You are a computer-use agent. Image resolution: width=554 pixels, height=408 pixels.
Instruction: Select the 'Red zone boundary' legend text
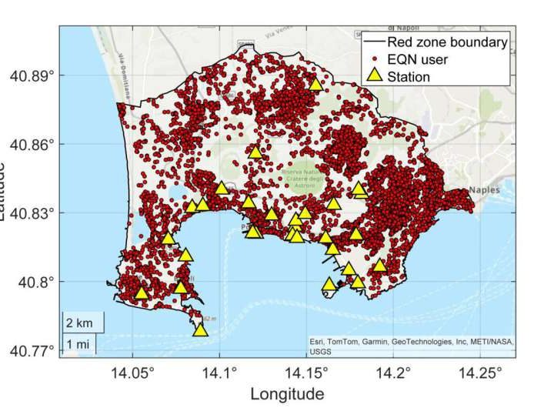447,42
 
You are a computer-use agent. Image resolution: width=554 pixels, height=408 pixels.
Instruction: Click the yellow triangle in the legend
374,75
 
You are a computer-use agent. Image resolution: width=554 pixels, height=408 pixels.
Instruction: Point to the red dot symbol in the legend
374,59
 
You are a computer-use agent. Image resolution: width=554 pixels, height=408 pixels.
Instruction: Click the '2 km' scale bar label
78,321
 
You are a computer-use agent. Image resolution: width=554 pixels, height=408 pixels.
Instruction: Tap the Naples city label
485,190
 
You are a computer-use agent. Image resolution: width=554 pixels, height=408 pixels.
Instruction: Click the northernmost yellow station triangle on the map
316,84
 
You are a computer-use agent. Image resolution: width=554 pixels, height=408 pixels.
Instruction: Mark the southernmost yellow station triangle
201,330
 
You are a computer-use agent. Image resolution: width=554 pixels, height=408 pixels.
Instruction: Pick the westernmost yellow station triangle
141,293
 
